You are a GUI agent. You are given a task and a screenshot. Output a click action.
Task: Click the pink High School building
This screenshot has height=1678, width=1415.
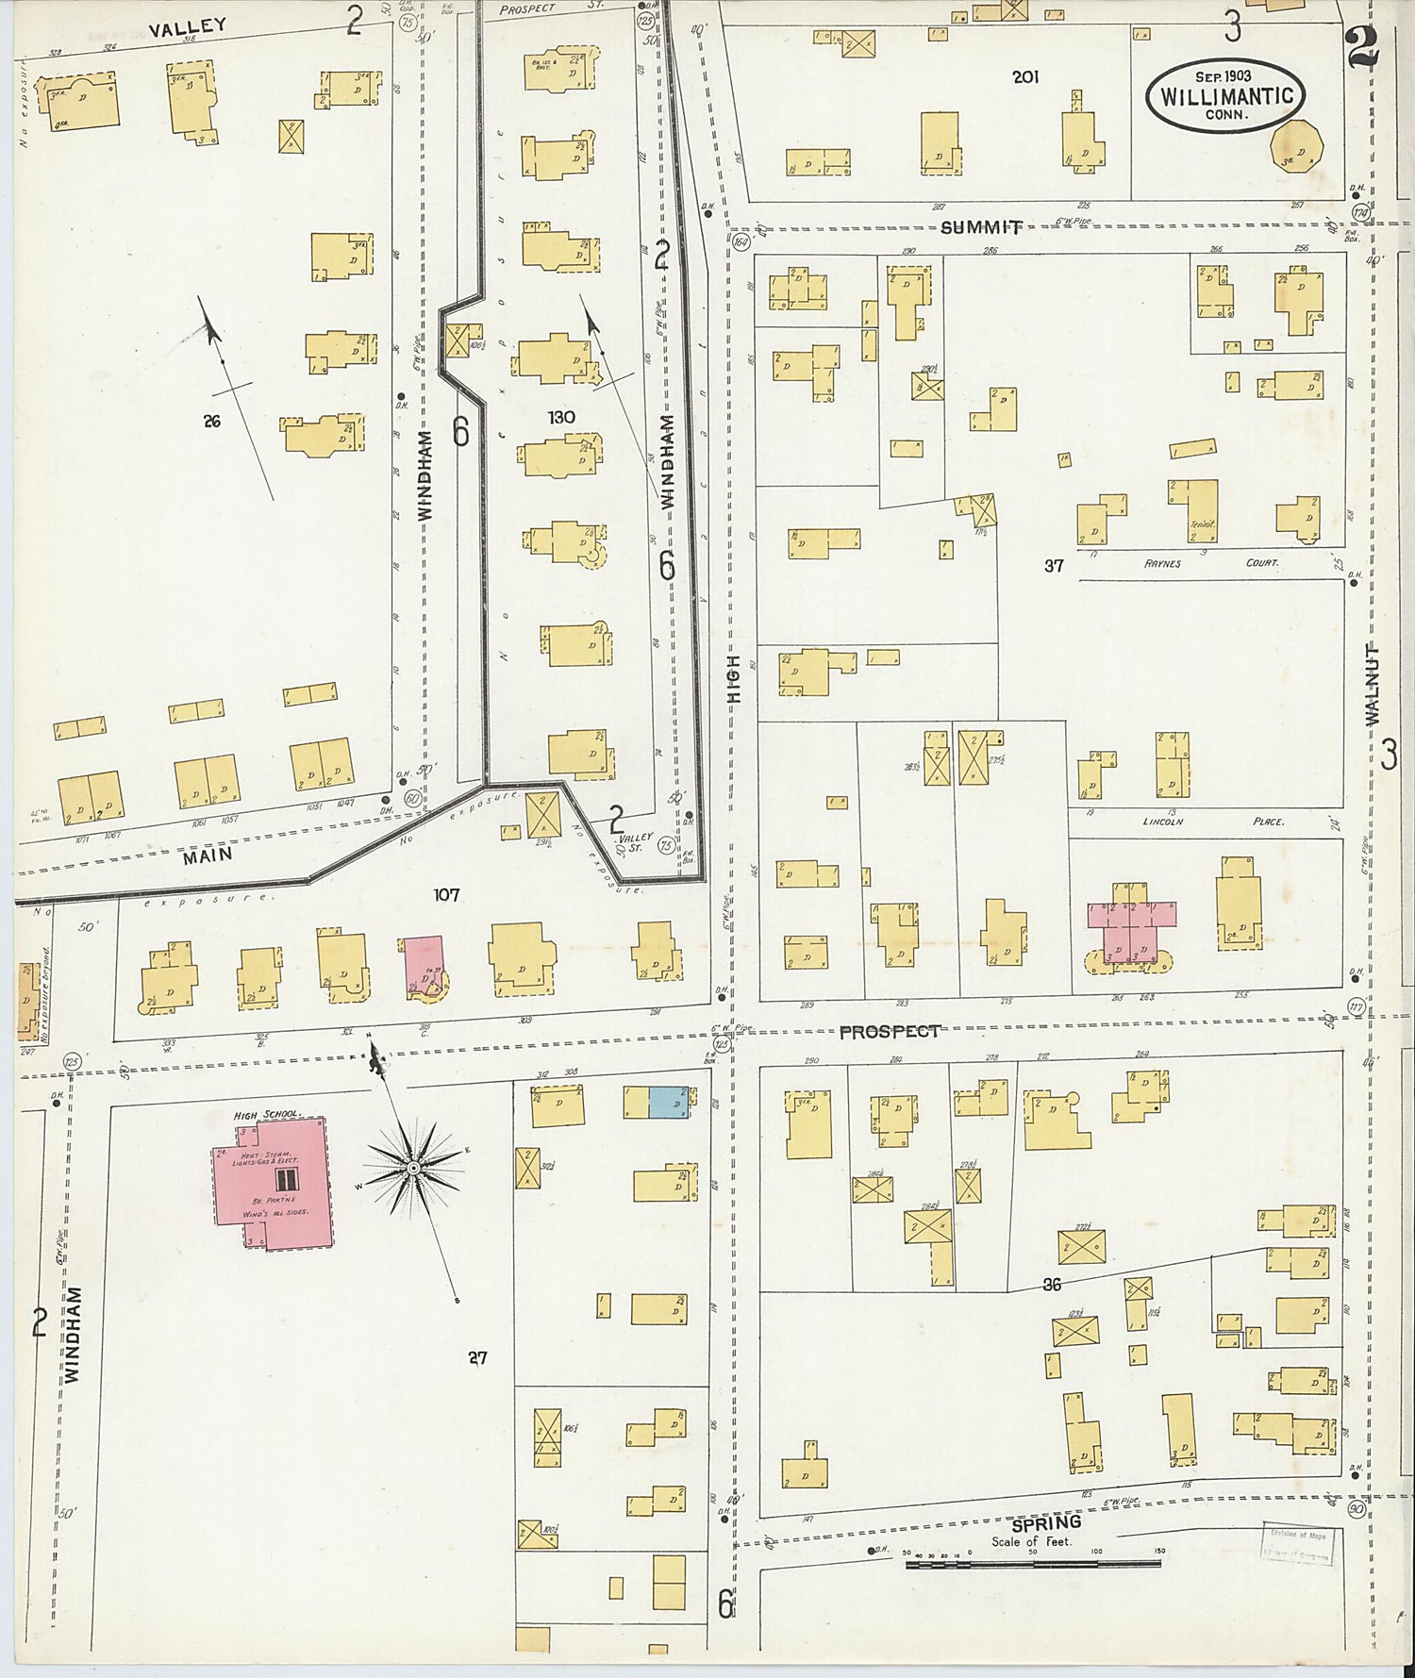[x=271, y=1184]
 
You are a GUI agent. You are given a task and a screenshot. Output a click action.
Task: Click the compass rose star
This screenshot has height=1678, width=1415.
[x=412, y=1169]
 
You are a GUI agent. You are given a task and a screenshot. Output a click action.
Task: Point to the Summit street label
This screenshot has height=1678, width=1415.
[x=981, y=227]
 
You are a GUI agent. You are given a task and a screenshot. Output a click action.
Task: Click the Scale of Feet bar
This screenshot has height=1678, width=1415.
[x=1033, y=1565]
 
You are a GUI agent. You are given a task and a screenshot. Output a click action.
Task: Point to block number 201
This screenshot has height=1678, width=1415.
[x=1025, y=77]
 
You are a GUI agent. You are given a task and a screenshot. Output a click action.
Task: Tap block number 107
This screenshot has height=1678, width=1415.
[x=446, y=893]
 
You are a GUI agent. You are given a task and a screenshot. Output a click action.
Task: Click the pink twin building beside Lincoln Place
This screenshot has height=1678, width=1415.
[x=1132, y=929]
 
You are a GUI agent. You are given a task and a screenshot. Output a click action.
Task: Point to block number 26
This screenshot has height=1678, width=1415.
[x=211, y=422]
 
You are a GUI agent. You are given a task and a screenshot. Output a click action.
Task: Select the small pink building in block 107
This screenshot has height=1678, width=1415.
[x=424, y=966]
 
